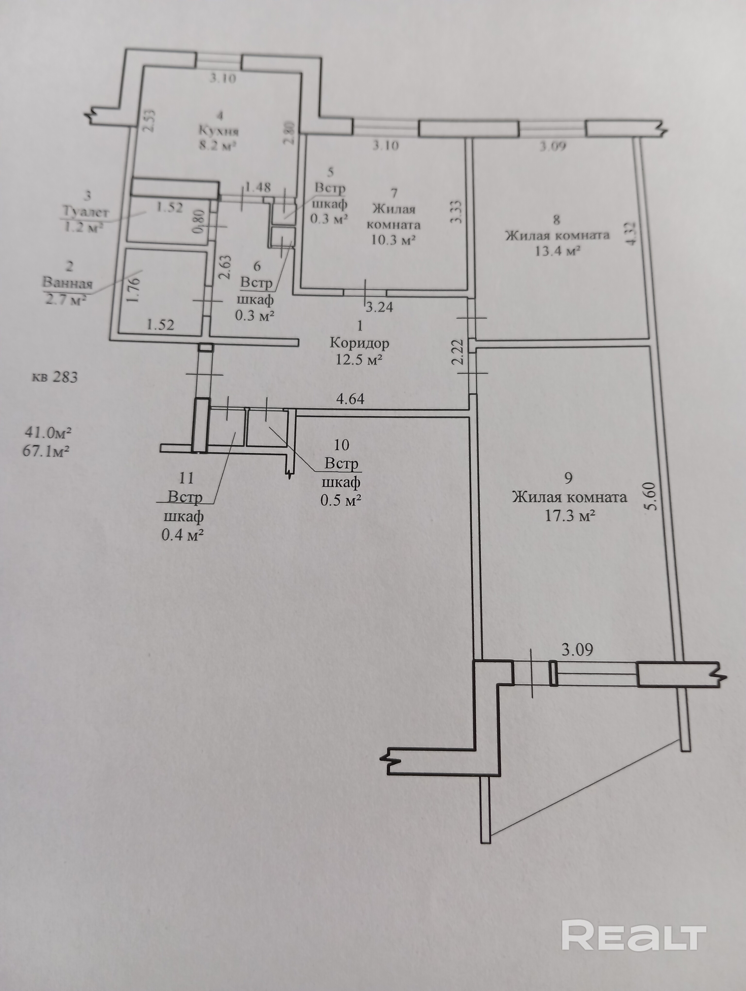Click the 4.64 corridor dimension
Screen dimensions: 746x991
(350, 399)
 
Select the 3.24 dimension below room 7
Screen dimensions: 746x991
(379, 307)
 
